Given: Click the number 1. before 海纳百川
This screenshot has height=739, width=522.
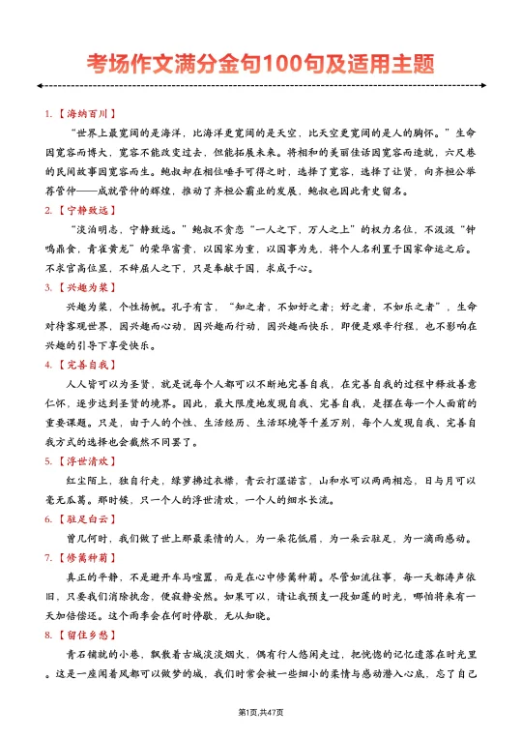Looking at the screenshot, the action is (x=48, y=113).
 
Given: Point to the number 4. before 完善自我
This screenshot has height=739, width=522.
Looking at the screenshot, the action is (x=48, y=365).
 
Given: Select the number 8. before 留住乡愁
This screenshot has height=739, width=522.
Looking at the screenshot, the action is (x=48, y=635).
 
